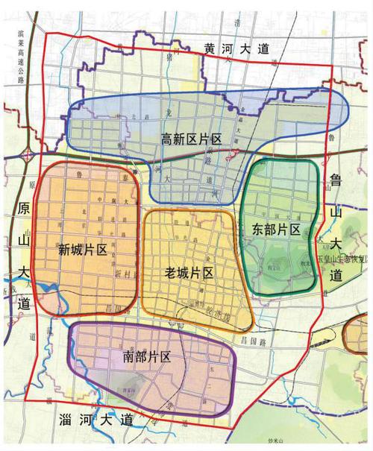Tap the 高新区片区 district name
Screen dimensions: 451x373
click(192, 139)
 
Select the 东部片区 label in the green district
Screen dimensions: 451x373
click(276, 228)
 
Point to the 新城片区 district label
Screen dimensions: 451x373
click(82, 249)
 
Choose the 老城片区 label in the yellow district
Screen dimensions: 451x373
click(189, 273)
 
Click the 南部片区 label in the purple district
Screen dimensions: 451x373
click(147, 357)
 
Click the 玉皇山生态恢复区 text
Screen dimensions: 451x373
click(344, 259)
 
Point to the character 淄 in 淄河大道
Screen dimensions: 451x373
click(65, 420)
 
